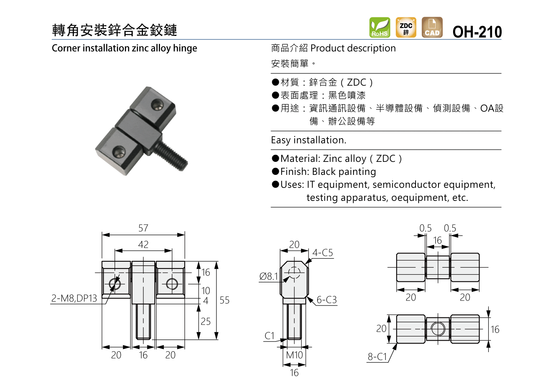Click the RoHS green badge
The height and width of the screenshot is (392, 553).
380,27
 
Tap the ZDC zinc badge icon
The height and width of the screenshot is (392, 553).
406,27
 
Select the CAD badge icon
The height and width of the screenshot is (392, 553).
432,27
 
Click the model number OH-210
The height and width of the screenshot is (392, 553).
477,32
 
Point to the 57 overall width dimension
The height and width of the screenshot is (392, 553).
143,228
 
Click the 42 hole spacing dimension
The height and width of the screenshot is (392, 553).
143,245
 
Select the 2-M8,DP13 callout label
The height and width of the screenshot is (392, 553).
74,298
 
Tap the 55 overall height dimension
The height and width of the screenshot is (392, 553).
224,300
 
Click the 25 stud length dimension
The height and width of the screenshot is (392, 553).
205,322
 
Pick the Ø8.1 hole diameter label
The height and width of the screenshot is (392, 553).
268,277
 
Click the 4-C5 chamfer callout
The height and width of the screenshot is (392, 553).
323,253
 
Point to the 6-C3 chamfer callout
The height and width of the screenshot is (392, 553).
327,300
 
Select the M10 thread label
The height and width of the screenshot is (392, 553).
294,355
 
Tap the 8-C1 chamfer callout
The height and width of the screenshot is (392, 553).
377,357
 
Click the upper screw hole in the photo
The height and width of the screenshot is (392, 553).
157,105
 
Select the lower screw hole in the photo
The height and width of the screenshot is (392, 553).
119,152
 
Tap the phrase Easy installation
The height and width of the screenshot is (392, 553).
308,140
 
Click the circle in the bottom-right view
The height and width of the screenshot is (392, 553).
438,329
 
